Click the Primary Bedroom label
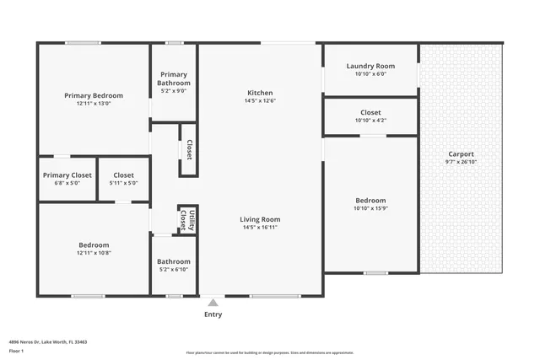click(x=94, y=95)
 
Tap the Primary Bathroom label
click(x=175, y=78)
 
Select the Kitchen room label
click(x=260, y=93)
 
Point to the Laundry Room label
click(x=370, y=66)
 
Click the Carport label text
click(x=461, y=154)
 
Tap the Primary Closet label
click(x=67, y=175)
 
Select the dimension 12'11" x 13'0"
click(x=94, y=104)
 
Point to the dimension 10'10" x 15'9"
click(x=370, y=208)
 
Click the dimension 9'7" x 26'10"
click(x=461, y=162)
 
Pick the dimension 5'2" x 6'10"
click(x=174, y=270)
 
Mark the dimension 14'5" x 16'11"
click(x=260, y=227)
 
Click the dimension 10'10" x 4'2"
click(x=370, y=121)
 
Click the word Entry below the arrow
click(x=213, y=314)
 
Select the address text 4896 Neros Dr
click(x=25, y=342)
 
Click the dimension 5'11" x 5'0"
click(x=123, y=183)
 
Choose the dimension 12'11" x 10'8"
click(x=94, y=253)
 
